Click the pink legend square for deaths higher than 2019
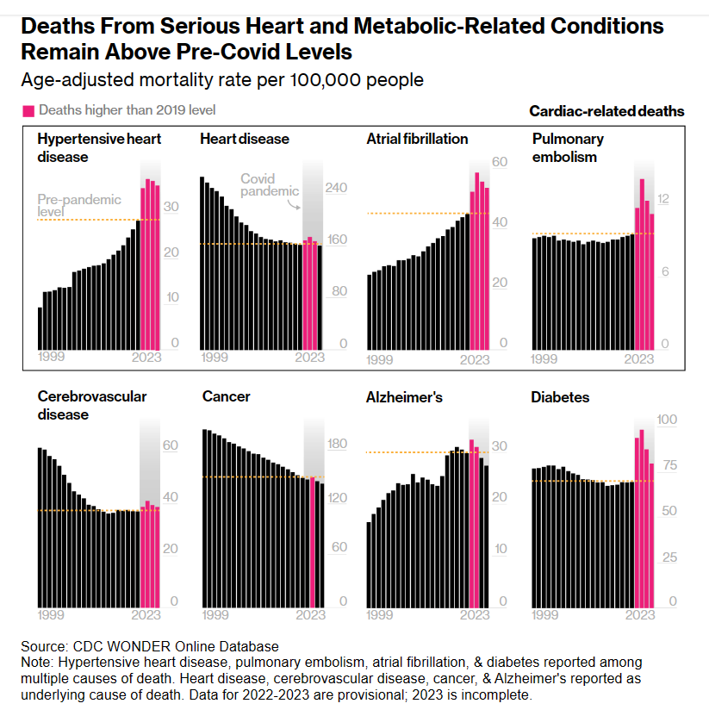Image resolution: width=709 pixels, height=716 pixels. click(28, 110)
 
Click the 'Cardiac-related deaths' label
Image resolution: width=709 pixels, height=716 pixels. click(606, 110)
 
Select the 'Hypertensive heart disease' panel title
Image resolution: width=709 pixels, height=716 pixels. click(99, 147)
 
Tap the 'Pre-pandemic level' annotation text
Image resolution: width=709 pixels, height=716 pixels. click(79, 205)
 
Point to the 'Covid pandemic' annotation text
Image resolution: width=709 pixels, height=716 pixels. click(269, 185)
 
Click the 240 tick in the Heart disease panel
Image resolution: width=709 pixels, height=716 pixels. click(335, 188)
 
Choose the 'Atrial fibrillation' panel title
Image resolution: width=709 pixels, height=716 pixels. click(417, 139)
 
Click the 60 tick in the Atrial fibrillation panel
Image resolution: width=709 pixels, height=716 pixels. click(499, 162)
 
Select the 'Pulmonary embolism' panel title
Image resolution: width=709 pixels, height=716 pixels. click(568, 147)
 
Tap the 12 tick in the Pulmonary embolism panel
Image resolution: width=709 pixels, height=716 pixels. click(662, 199)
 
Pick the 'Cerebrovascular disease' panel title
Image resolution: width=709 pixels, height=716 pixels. click(92, 405)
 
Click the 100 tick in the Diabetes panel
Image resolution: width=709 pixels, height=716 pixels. click(667, 420)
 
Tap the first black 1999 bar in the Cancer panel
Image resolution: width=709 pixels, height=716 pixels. click(205, 518)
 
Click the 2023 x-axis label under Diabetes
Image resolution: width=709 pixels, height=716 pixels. click(639, 614)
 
